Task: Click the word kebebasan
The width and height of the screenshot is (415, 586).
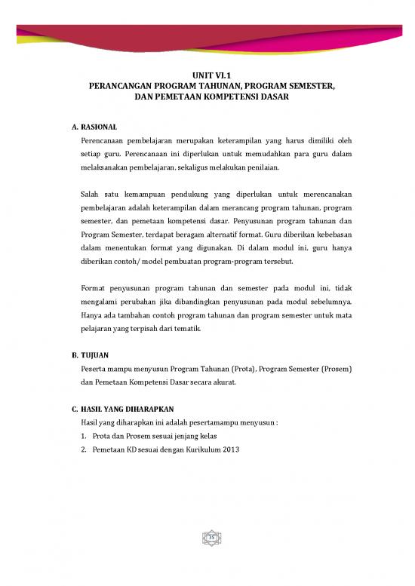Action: [x=331, y=246]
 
